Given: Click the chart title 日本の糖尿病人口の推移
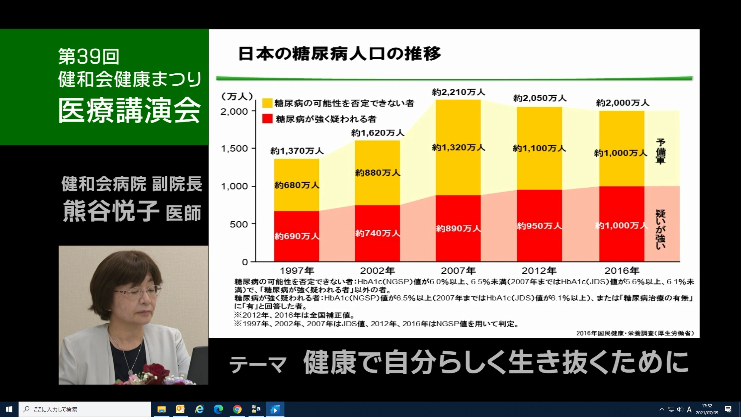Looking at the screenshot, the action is point(339,54).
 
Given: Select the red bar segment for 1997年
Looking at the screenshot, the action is point(297,236).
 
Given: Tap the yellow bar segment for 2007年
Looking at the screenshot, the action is point(458,147).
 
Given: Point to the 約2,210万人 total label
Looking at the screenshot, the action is point(458,92).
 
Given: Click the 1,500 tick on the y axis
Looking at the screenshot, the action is point(234,149).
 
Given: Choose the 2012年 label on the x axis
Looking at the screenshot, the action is point(539,271).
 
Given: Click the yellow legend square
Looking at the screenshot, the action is point(267,103).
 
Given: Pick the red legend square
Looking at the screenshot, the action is point(267,119).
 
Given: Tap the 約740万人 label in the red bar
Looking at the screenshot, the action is point(377,233).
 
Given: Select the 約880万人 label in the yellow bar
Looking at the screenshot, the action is point(377,173).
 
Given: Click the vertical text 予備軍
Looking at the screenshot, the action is point(660,151).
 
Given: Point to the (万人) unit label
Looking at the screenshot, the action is point(237,96).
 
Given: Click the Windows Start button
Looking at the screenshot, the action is point(9,409).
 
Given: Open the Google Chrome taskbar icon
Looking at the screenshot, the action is point(237,409).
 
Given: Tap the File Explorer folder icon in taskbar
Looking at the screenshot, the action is point(161,409).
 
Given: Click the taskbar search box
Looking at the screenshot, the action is point(85,409).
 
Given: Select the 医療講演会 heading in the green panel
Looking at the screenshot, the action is point(130,110).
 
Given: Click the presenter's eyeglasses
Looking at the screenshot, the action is point(137,290).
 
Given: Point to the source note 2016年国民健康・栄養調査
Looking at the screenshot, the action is point(635,333).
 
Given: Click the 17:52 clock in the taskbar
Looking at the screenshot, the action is point(707,406).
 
